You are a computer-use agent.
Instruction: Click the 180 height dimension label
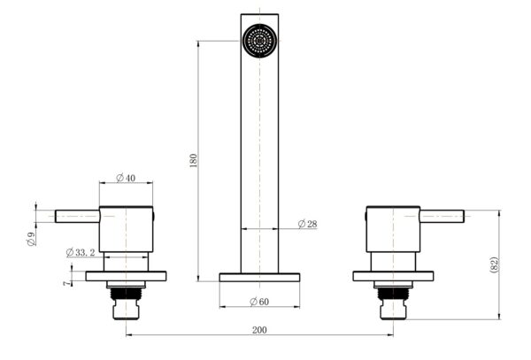pyautogui.click(x=194, y=160)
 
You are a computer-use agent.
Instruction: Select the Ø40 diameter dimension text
pyautogui.click(x=125, y=178)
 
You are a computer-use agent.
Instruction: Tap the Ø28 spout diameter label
pyautogui.click(x=306, y=224)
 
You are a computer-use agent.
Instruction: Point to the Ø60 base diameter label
pyautogui.click(x=258, y=302)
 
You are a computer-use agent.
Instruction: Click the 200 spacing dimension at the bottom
pyautogui.click(x=258, y=329)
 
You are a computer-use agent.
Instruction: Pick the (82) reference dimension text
pyautogui.click(x=494, y=264)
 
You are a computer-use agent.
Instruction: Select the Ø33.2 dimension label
pyautogui.click(x=83, y=252)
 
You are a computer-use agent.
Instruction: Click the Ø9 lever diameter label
pyautogui.click(x=31, y=236)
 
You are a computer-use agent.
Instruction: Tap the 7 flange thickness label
pyautogui.click(x=65, y=282)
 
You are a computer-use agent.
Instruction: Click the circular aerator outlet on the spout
pyautogui.click(x=259, y=41)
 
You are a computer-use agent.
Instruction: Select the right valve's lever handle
pyautogui.click(x=442, y=215)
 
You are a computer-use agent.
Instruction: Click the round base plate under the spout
pyautogui.click(x=259, y=277)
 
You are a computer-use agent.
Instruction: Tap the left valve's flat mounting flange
pyautogui.click(x=127, y=276)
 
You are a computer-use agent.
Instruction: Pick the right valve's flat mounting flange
pyautogui.click(x=393, y=276)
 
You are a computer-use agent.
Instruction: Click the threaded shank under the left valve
pyautogui.click(x=127, y=301)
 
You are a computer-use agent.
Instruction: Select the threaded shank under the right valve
pyautogui.click(x=393, y=301)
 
